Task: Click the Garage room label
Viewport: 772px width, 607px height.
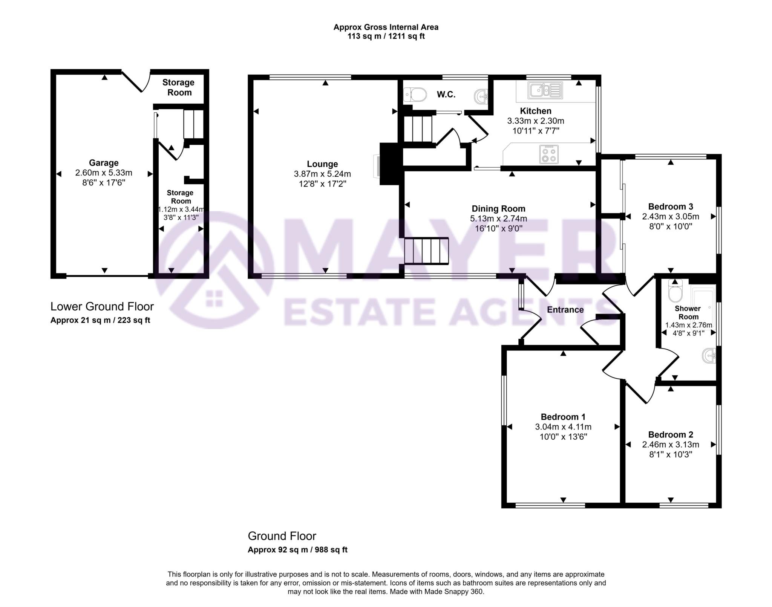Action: (x=104, y=163)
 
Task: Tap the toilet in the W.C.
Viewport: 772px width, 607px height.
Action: (x=415, y=94)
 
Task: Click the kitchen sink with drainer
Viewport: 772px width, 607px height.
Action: (x=545, y=90)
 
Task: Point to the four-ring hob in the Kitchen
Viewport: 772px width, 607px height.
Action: (x=549, y=154)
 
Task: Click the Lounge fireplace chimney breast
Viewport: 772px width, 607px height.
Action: (x=389, y=164)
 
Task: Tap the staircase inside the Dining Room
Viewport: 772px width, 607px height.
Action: (x=426, y=251)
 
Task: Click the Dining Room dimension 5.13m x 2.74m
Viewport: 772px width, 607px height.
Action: (x=498, y=219)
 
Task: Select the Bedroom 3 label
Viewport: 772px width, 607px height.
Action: (x=670, y=206)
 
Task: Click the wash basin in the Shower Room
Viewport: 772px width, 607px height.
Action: (x=709, y=356)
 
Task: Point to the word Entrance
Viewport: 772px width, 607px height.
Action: (x=565, y=310)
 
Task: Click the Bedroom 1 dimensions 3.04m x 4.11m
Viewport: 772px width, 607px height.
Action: (x=563, y=427)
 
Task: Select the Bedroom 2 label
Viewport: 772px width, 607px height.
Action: (x=670, y=434)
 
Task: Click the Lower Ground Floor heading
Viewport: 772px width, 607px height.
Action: (x=102, y=306)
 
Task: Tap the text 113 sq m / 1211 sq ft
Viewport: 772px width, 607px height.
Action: (x=386, y=37)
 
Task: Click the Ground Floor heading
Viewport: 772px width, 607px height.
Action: (x=282, y=536)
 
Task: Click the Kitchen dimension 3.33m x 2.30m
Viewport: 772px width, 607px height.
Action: (x=535, y=121)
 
